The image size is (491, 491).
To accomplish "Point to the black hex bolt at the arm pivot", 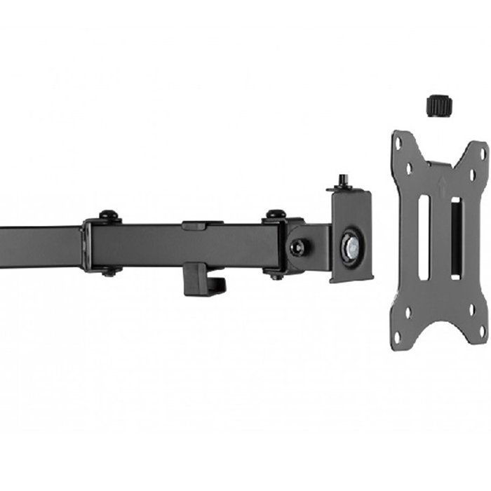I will pos(298,246).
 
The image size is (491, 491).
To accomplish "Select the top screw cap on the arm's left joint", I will pos(107,215).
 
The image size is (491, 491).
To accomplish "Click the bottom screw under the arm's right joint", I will pos(276,275).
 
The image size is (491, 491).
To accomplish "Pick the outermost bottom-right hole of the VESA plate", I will pos(482,330).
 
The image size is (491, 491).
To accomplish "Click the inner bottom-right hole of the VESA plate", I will pos(471,310).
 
